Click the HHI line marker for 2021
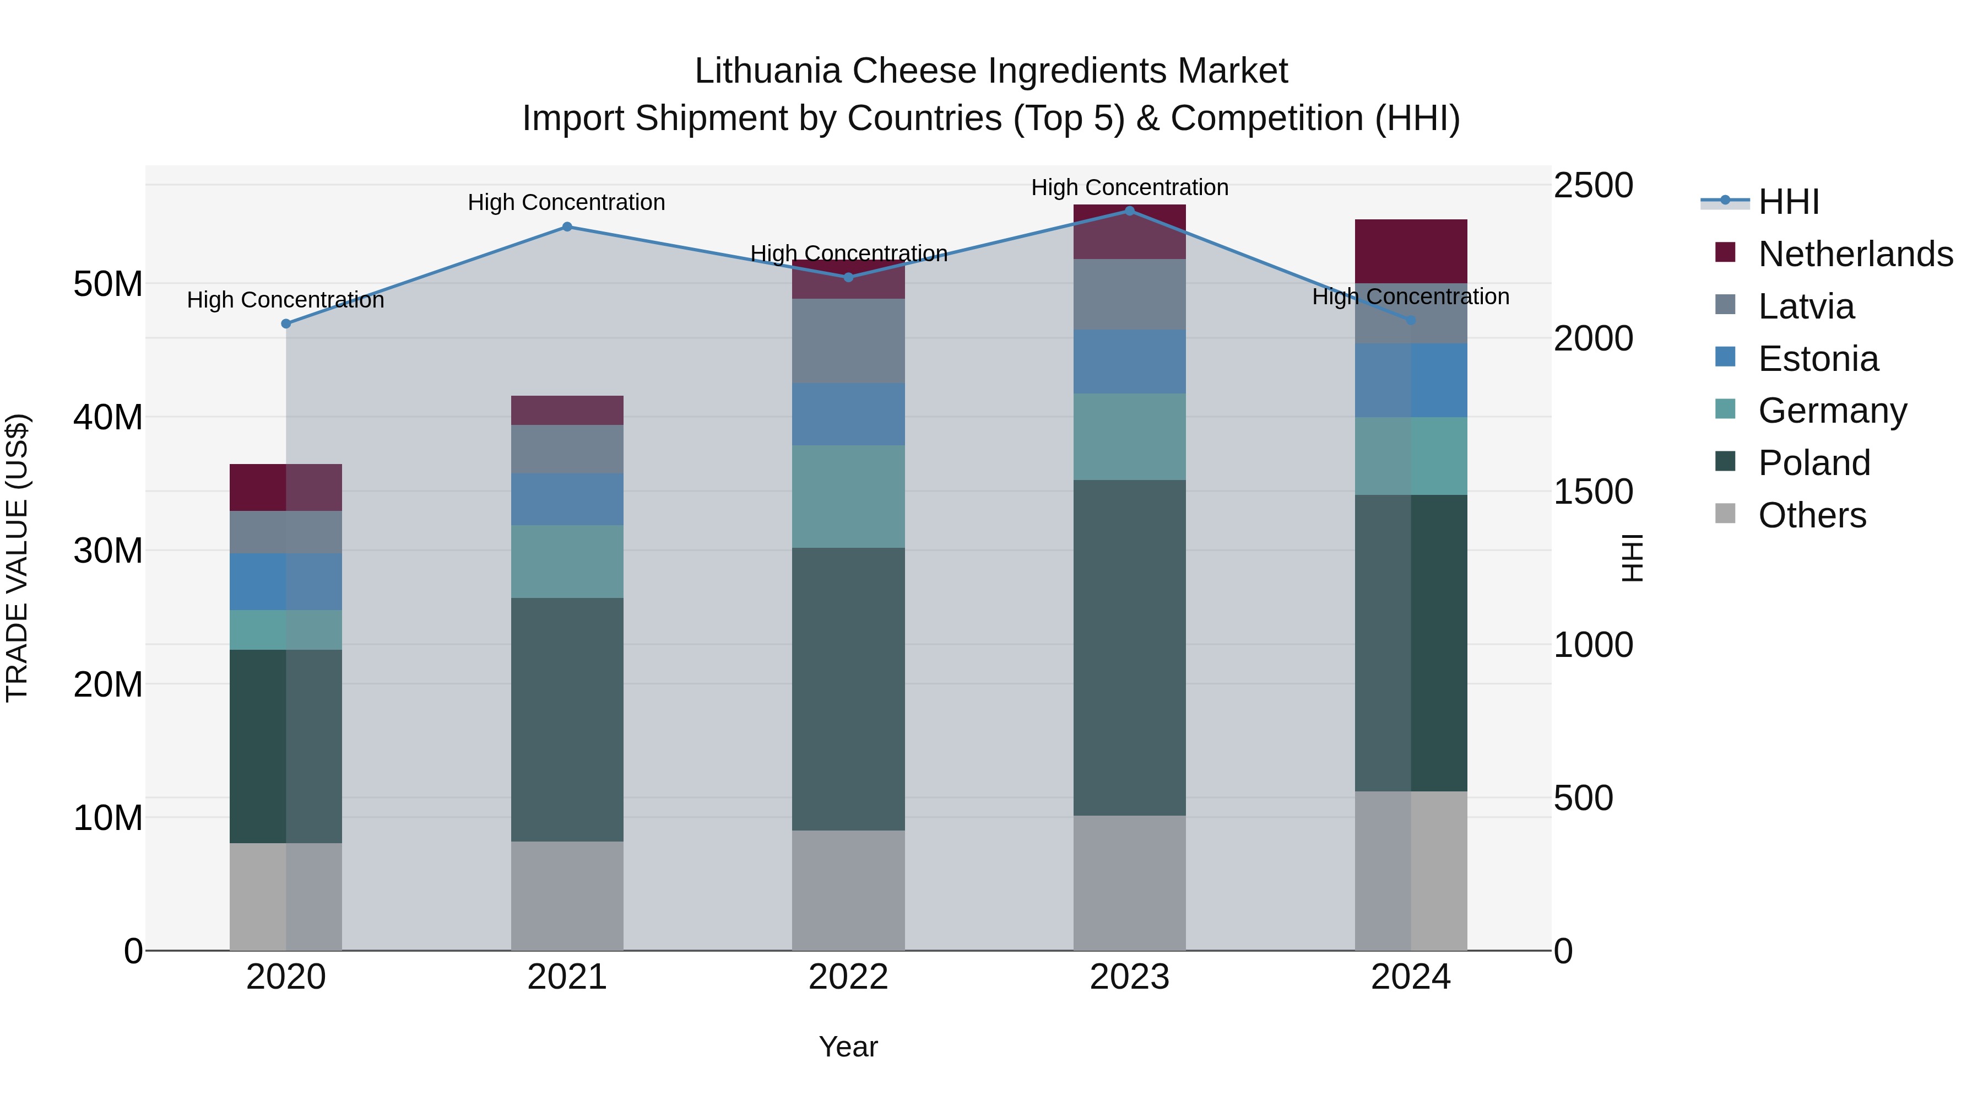pyautogui.click(x=567, y=227)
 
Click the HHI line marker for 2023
pyautogui.click(x=1129, y=211)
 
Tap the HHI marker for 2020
pyautogui.click(x=285, y=324)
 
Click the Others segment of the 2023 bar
pyautogui.click(x=1129, y=883)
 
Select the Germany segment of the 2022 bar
pyautogui.click(x=848, y=496)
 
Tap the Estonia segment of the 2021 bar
pyautogui.click(x=567, y=499)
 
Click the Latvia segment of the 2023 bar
pyautogui.click(x=1129, y=294)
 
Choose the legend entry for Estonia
pyautogui.click(x=1818, y=359)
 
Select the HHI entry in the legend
pyautogui.click(x=1787, y=202)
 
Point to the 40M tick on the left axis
pyautogui.click(x=108, y=417)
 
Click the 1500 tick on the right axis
pyautogui.click(x=1592, y=492)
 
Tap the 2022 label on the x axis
pyautogui.click(x=848, y=977)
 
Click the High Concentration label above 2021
pyautogui.click(x=567, y=203)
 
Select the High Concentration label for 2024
pyautogui.click(x=1410, y=296)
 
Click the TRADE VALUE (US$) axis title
pyautogui.click(x=17, y=558)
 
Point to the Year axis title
pyautogui.click(x=848, y=1047)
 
